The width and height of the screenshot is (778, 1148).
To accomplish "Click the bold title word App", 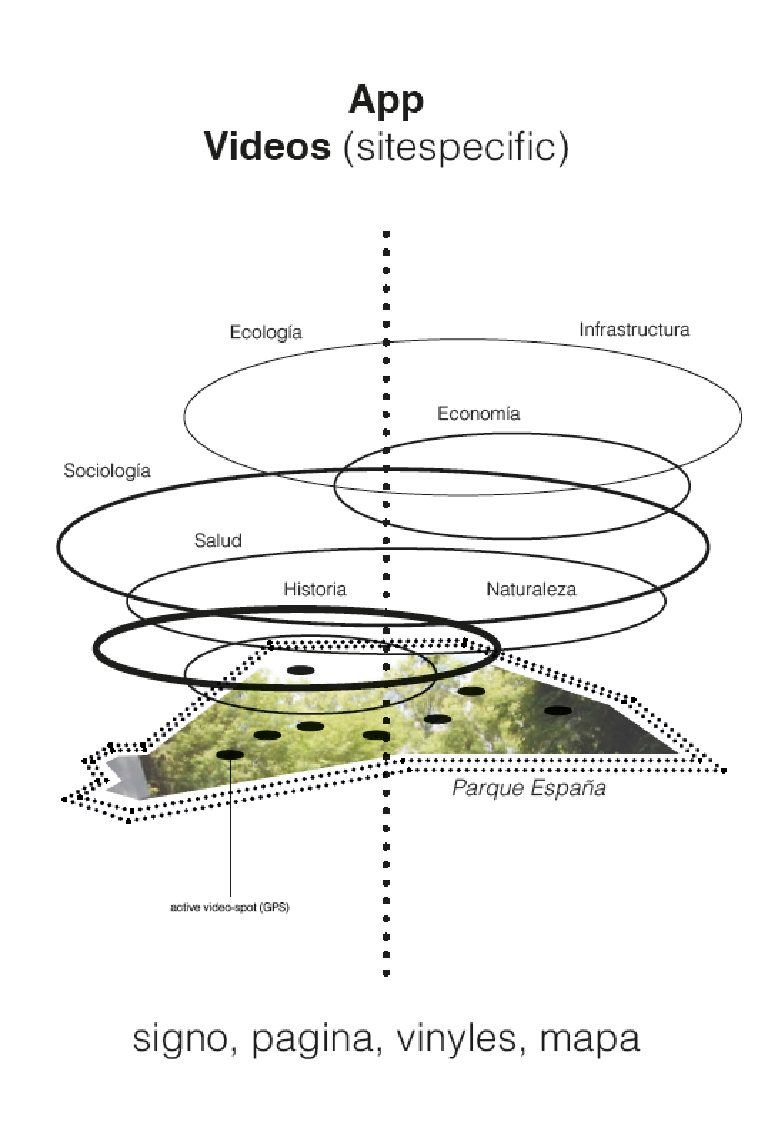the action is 386,100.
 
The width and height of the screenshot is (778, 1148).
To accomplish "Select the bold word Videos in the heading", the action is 267,146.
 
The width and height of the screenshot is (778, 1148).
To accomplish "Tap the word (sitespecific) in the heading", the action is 455,148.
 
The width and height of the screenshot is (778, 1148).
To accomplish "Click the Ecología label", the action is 266,333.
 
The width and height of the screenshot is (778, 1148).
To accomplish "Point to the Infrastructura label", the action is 634,329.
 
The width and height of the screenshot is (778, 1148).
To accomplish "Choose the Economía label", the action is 478,413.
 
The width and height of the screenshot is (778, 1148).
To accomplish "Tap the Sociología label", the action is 107,470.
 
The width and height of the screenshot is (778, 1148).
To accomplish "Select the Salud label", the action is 218,540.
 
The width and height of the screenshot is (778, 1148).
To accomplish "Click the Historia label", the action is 315,589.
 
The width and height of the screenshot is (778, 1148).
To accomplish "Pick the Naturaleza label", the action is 531,589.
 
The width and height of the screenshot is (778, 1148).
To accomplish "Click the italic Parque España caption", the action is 529,788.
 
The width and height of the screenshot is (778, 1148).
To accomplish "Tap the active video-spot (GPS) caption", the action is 230,908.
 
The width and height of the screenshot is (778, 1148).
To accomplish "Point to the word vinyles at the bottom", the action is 456,1039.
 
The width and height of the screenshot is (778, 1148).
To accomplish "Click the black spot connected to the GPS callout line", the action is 230,754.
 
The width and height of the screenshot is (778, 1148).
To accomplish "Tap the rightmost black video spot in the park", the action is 558,710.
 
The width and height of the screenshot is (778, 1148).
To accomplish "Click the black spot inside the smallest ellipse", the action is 300,670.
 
